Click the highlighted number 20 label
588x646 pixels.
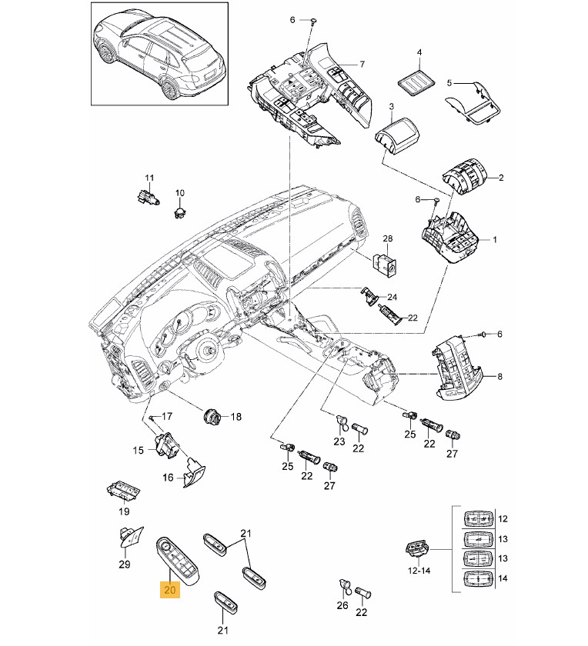pyautogui.click(x=169, y=591)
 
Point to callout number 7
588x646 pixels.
pyautogui.click(x=362, y=63)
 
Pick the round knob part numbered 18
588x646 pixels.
pyautogui.click(x=212, y=417)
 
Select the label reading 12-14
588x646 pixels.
pyautogui.click(x=419, y=571)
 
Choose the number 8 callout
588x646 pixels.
pyautogui.click(x=499, y=376)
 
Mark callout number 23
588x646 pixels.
pyautogui.click(x=339, y=441)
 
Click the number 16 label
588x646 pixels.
pyautogui.click(x=168, y=478)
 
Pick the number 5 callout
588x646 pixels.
pyautogui.click(x=452, y=82)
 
